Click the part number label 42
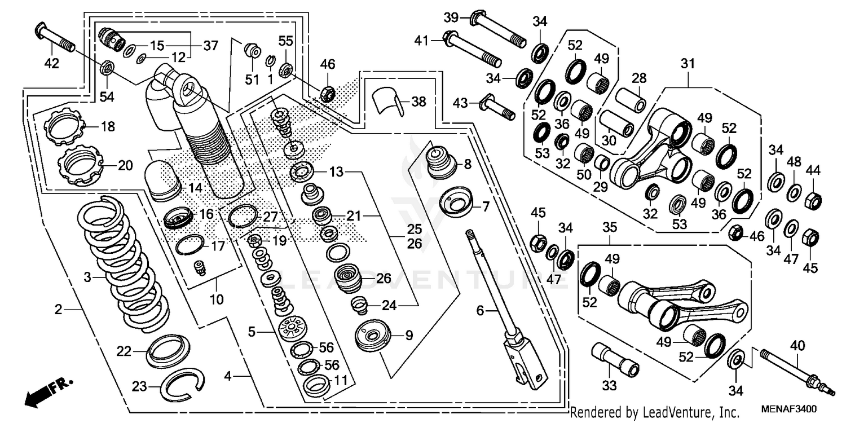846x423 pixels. pyautogui.click(x=51, y=64)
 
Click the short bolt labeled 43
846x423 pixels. pyautogui.click(x=496, y=108)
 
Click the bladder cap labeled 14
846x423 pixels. pyautogui.click(x=164, y=179)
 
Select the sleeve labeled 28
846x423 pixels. pyautogui.click(x=631, y=100)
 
